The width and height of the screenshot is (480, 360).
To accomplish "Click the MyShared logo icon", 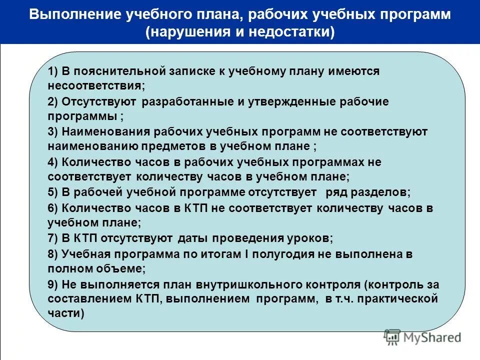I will click(x=392, y=337).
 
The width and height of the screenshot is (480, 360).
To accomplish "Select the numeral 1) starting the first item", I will click(x=53, y=71).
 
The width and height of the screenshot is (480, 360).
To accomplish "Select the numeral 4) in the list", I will click(x=53, y=162).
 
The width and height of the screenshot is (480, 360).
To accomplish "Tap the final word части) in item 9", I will click(x=66, y=314).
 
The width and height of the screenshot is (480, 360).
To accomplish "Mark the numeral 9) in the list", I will click(x=53, y=284).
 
